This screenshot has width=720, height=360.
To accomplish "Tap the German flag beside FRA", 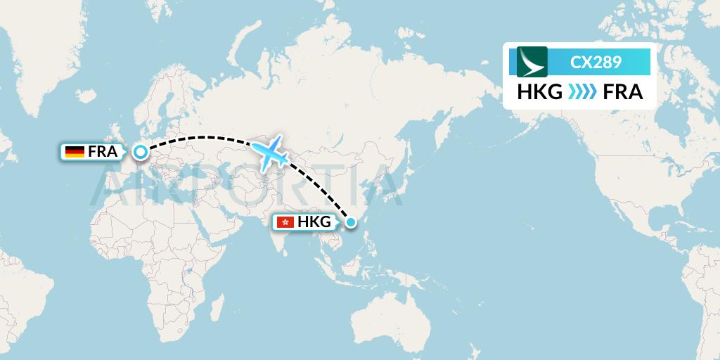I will click(74, 151).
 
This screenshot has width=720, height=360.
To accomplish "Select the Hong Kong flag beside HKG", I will click(285, 223).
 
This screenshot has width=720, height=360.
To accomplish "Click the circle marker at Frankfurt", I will click(141, 151).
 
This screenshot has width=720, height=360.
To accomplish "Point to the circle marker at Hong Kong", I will click(352, 223).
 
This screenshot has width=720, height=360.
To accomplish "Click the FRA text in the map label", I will click(102, 151).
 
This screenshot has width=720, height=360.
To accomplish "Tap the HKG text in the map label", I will click(314, 223).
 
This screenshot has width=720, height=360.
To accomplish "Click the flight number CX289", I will click(596, 62).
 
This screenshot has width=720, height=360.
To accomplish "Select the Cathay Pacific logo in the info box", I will click(532, 62).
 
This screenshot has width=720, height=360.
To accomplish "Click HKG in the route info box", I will click(539, 92).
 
